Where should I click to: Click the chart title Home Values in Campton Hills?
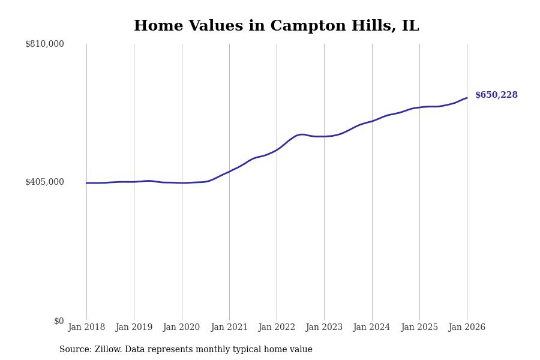coord(276,26)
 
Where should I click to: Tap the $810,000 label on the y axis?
coord(44,44)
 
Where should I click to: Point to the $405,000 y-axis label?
coord(44,182)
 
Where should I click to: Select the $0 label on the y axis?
coord(59,321)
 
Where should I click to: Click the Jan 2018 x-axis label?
coord(86,328)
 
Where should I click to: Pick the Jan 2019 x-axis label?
coord(134,328)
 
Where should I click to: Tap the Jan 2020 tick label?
coord(181,328)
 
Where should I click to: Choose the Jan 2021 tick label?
coord(229,328)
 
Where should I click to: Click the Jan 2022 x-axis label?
coord(277,328)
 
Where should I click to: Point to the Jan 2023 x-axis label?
coord(324,328)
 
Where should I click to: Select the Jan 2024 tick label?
coord(372,328)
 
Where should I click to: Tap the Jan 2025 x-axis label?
coord(419,328)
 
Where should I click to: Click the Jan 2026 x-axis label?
coord(467,328)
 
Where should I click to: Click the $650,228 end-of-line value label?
coord(496,95)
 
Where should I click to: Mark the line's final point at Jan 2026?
coord(467,98)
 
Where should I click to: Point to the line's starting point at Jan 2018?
coord(86,183)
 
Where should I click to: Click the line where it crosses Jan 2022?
coord(277,149)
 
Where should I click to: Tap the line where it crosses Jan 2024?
coord(372,121)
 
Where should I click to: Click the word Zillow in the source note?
coord(108,350)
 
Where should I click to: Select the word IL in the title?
coord(410,26)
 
